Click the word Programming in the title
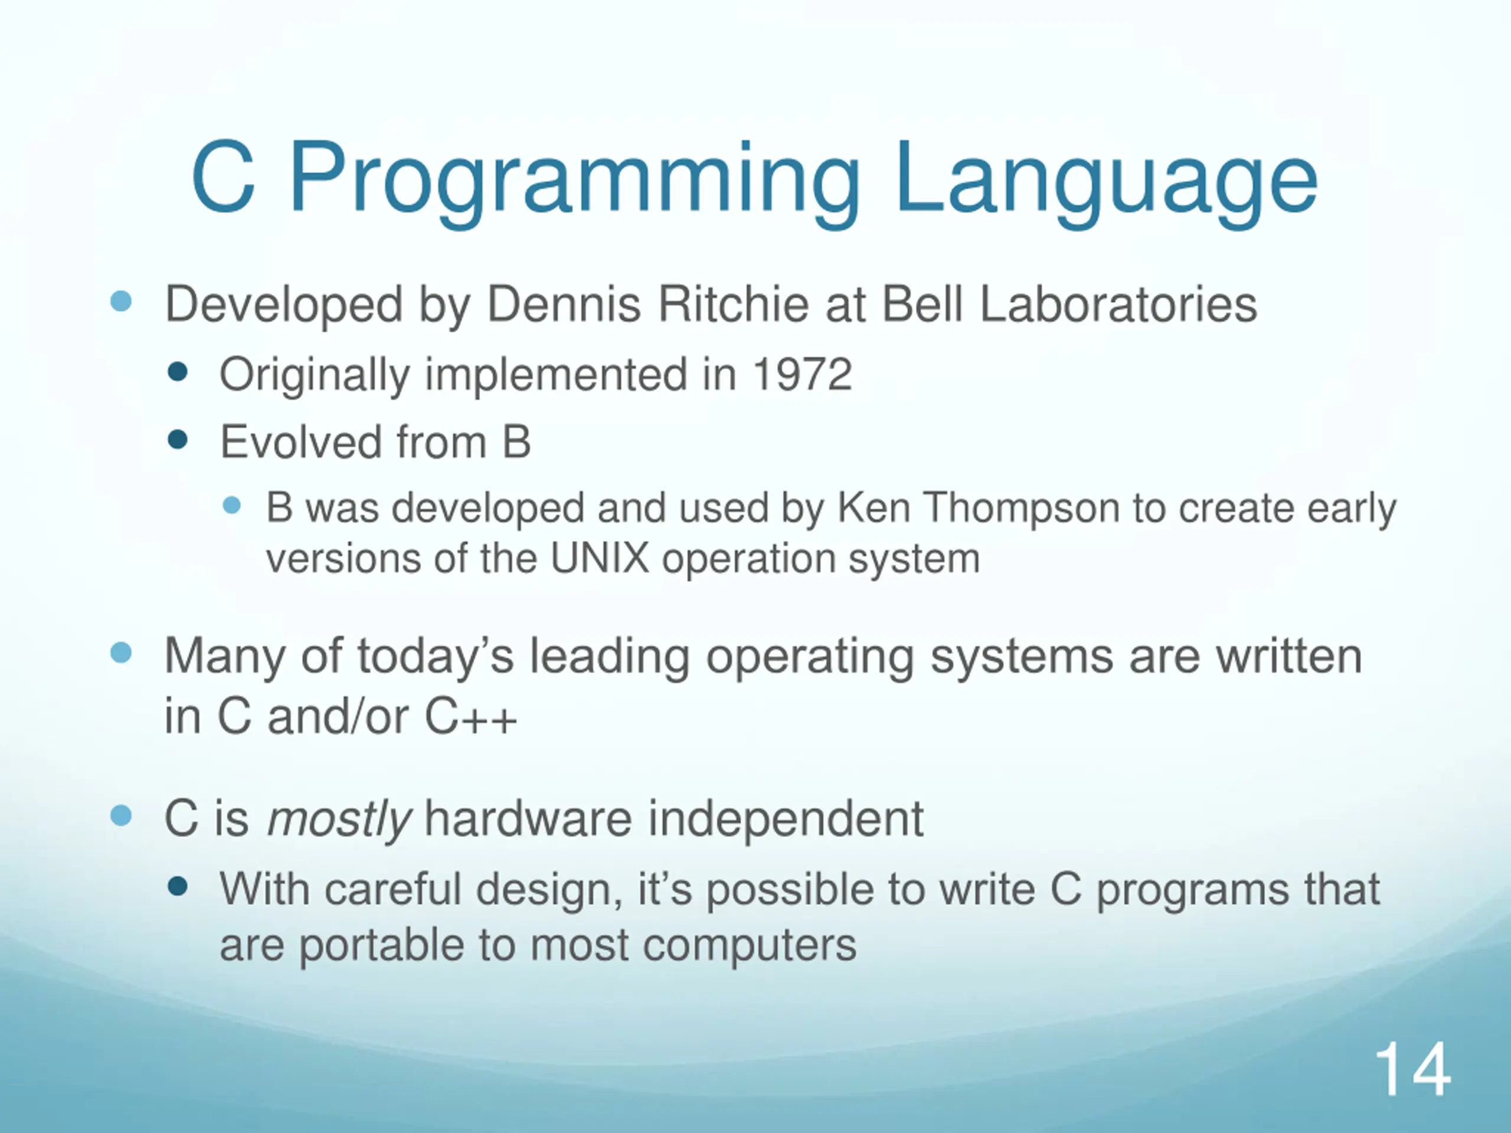coord(574,181)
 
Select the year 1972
coord(802,374)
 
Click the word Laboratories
coord(1118,304)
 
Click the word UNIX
coord(599,559)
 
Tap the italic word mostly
coord(339,820)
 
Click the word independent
coord(786,820)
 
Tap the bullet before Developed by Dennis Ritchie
coord(121,301)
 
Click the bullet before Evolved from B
coord(178,439)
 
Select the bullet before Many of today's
coord(121,652)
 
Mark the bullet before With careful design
coord(178,886)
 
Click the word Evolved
coord(300,442)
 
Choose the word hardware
coord(528,820)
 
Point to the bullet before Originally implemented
coord(178,372)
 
